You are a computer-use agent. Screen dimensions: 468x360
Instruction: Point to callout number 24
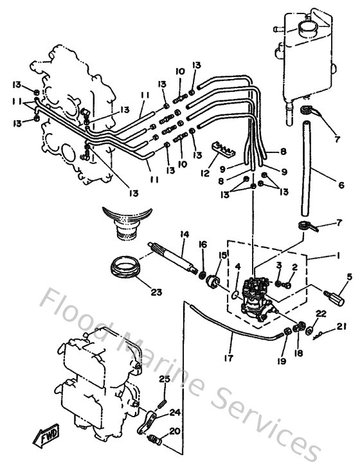click(175, 413)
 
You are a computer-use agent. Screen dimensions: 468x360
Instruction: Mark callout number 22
click(321, 312)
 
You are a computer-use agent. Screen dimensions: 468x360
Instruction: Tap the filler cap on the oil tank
click(306, 28)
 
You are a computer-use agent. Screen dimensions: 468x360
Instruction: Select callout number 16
click(203, 244)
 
